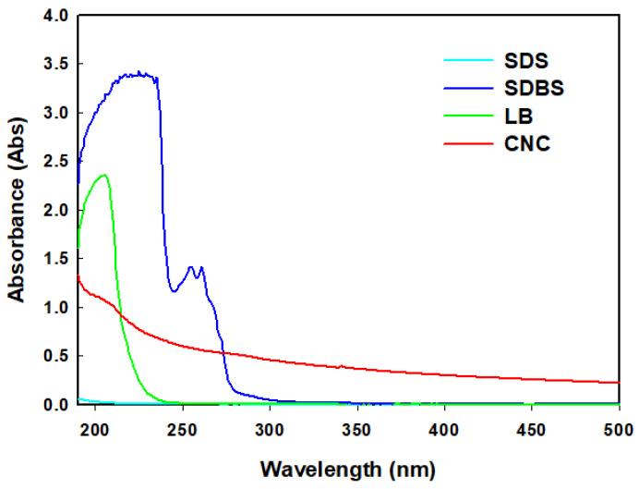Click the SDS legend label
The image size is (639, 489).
(504, 62)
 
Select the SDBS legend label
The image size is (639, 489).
(511, 90)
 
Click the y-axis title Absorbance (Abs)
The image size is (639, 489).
(17, 211)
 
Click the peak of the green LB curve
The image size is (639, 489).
(104, 175)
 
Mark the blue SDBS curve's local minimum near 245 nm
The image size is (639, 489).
(174, 291)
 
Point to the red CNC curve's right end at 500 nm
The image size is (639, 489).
(618, 383)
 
